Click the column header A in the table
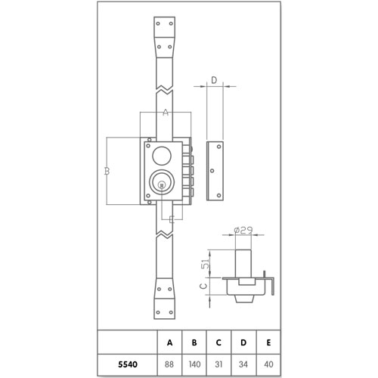[169, 342]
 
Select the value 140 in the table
[194, 364]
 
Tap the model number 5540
[128, 364]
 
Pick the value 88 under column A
[169, 364]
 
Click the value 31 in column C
[218, 364]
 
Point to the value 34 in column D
[243, 364]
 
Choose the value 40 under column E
[268, 364]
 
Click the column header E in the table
[268, 342]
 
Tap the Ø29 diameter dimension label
[243, 231]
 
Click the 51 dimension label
[206, 264]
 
